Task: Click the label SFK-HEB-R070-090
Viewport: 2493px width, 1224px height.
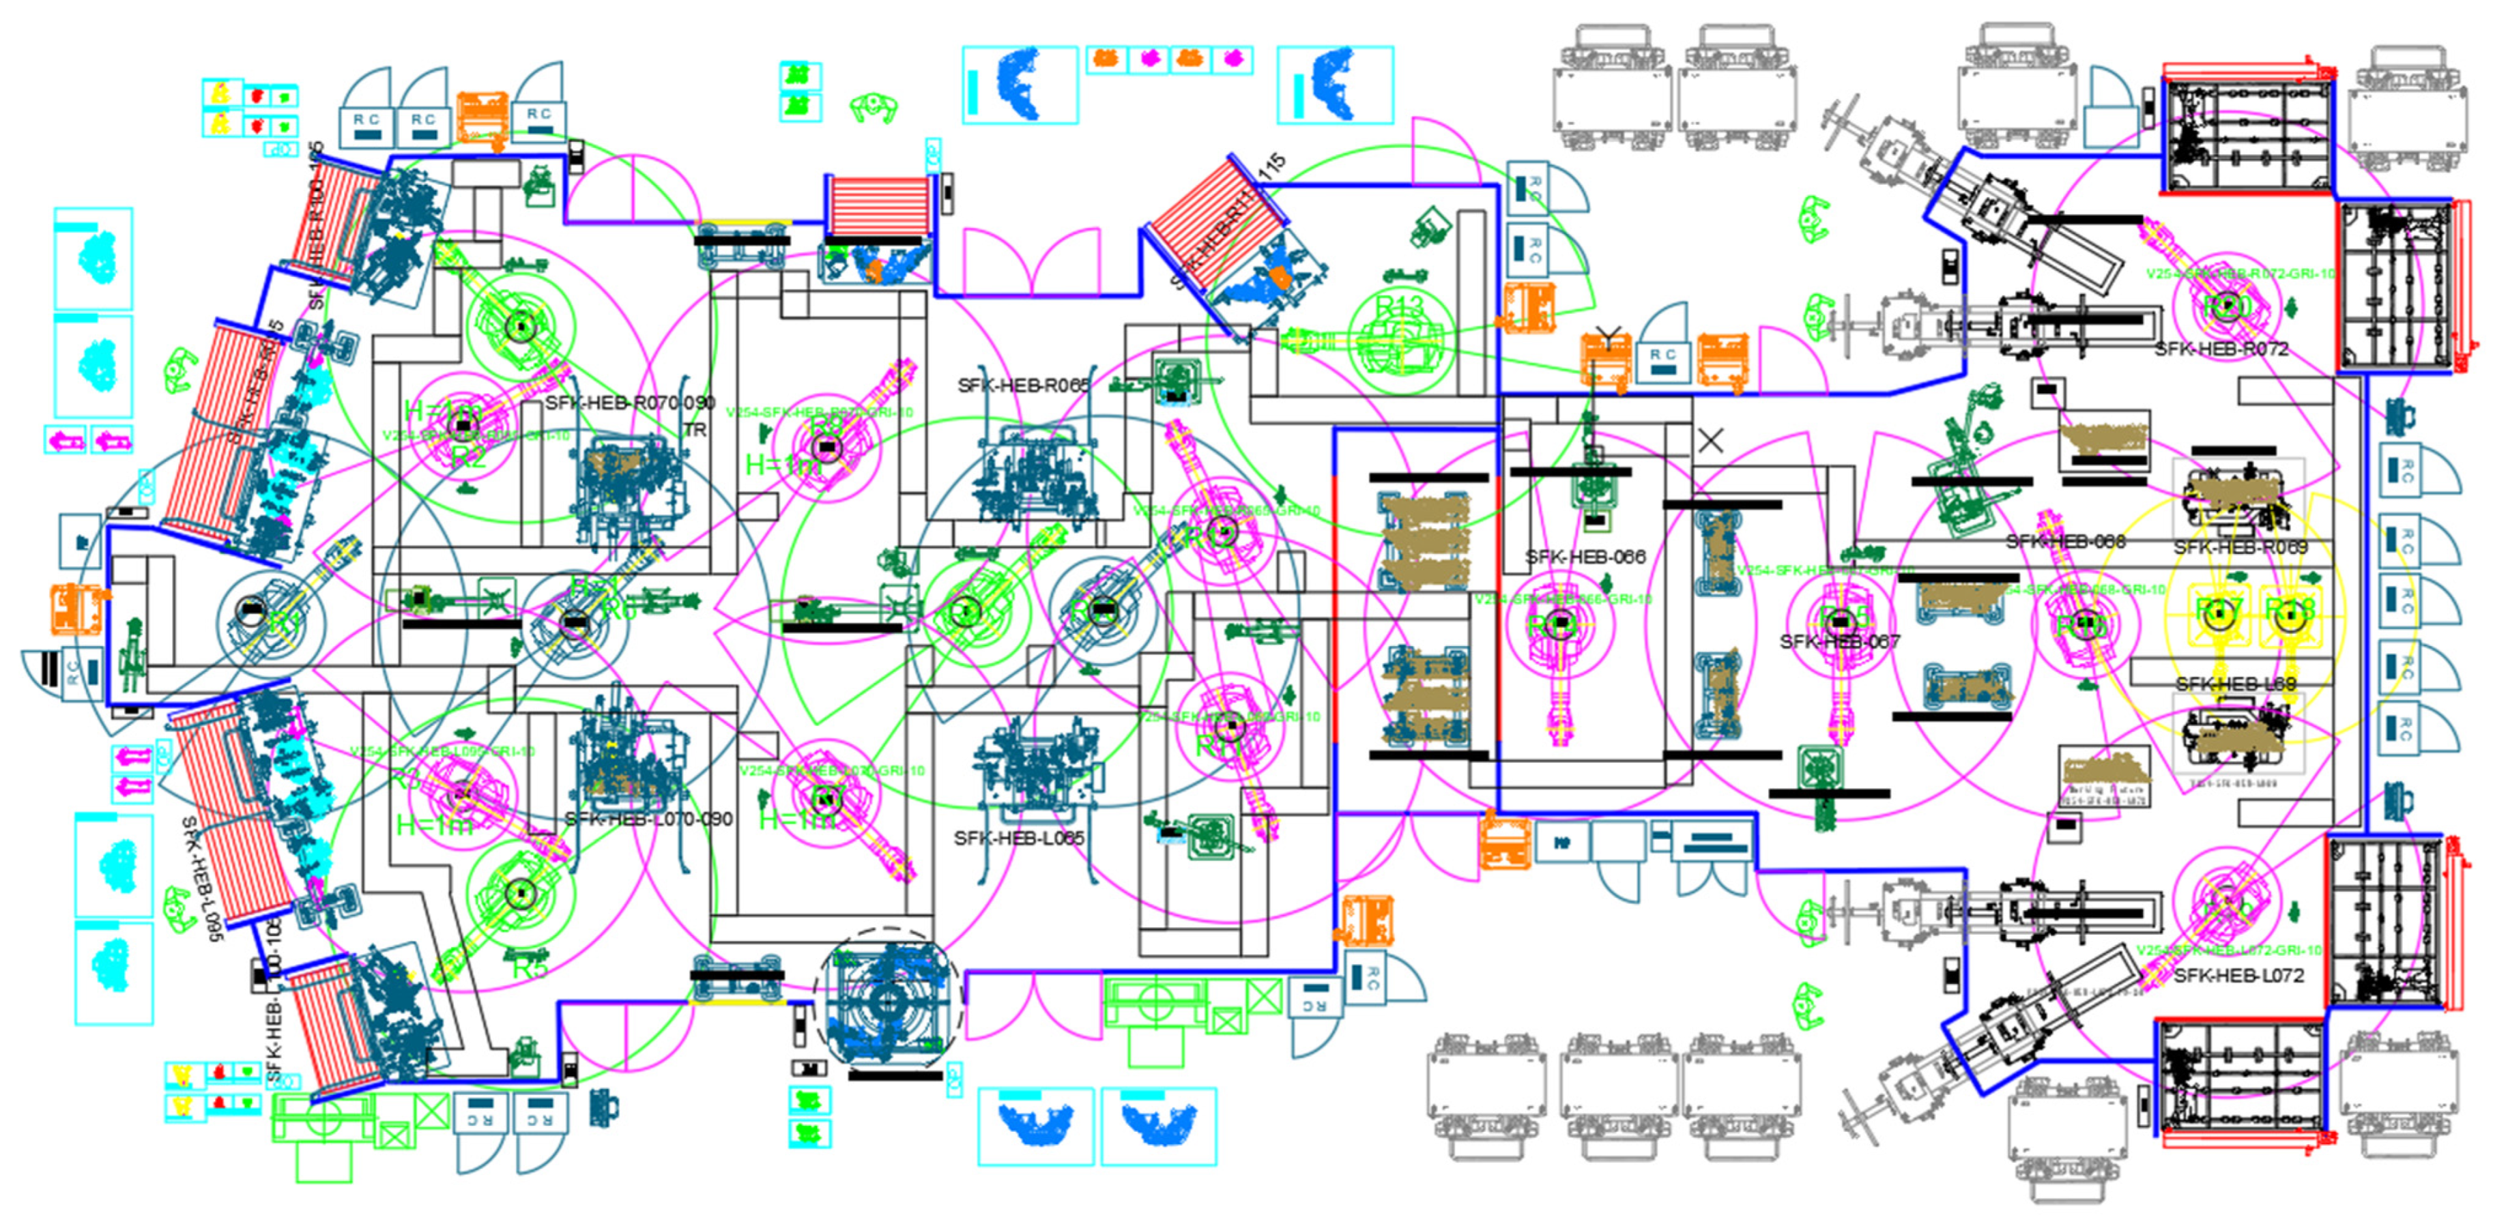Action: (630, 403)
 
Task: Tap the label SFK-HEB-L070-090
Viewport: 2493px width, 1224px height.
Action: (648, 819)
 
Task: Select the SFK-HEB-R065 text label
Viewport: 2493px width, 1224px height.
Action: (1023, 385)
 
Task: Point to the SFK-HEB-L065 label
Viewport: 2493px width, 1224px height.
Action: (1018, 837)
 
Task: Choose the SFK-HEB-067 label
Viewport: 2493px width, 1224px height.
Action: (1839, 641)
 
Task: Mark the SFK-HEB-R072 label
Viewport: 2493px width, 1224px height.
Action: (2221, 349)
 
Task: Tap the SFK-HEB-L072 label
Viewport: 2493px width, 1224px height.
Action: (2238, 976)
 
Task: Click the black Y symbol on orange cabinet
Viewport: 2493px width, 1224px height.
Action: (1607, 338)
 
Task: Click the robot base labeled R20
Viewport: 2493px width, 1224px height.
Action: (2224, 306)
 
